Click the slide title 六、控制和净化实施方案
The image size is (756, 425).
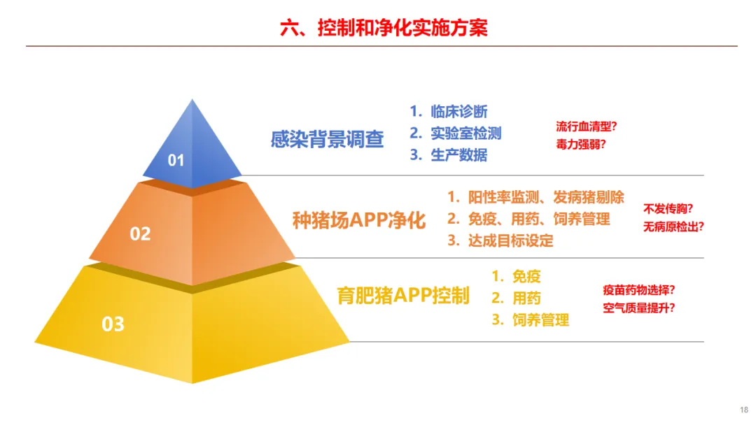[x=384, y=28]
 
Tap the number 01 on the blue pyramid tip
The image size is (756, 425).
[x=176, y=160]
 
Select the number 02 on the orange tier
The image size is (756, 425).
[x=140, y=234]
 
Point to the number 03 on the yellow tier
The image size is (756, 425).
[x=113, y=324]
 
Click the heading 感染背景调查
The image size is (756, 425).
[x=327, y=140]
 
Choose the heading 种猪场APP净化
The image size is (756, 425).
[x=359, y=220]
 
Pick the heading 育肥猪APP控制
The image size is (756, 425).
[x=403, y=296]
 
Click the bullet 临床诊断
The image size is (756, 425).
[x=459, y=112]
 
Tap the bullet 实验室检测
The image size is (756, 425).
[x=465, y=134]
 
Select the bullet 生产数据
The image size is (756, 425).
[x=459, y=155]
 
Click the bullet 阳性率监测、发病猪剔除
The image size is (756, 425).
[x=546, y=197]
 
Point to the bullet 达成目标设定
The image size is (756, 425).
[x=510, y=240]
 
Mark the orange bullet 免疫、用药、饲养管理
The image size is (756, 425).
[x=539, y=219]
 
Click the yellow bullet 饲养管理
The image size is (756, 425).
[x=540, y=319]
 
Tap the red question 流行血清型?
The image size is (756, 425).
[x=587, y=127]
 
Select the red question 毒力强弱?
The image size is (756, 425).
[x=580, y=145]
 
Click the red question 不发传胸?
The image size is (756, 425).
[x=668, y=209]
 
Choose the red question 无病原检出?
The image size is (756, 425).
[x=673, y=226]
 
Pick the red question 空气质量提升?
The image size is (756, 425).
[x=639, y=308]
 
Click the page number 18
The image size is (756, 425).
[x=744, y=410]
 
